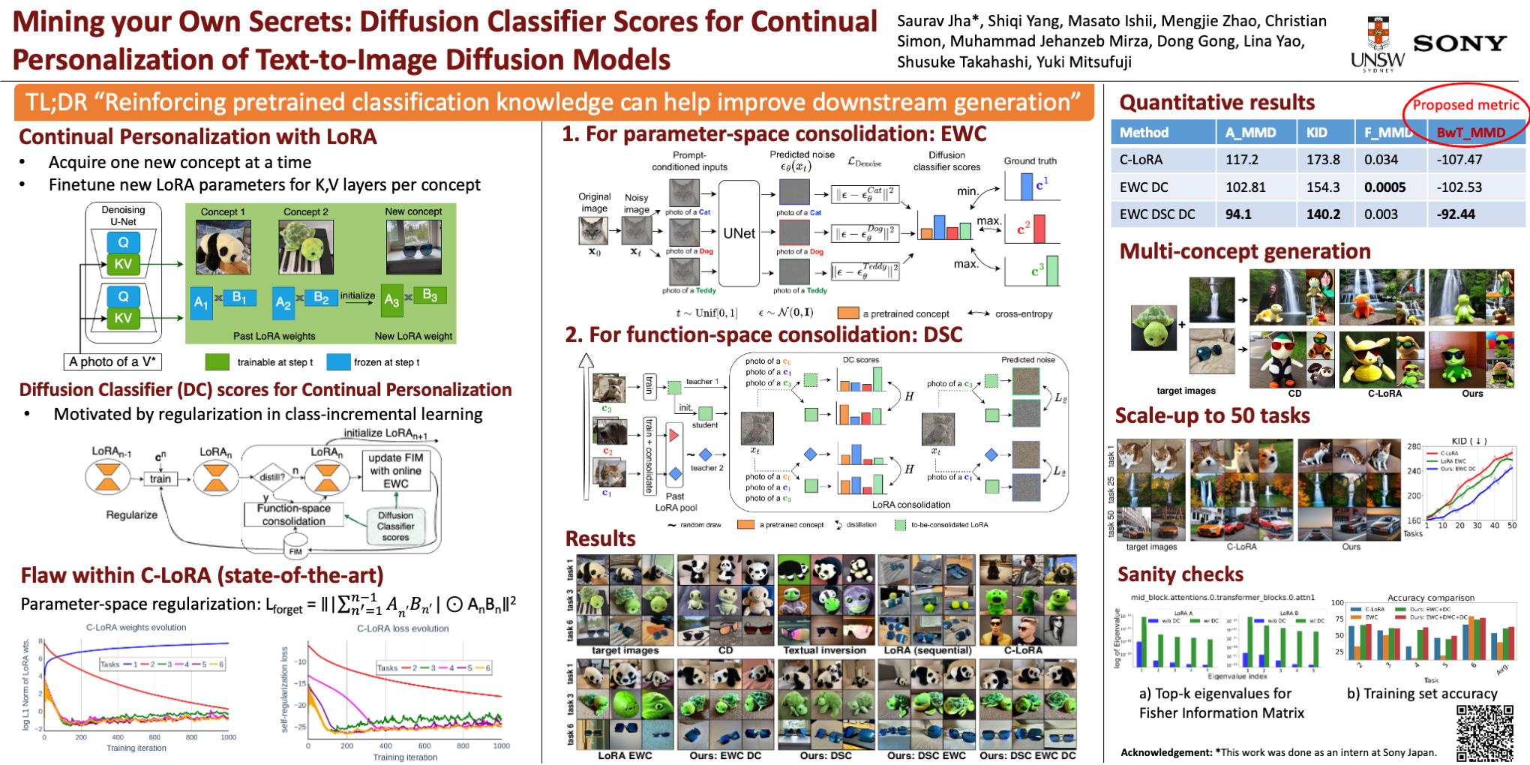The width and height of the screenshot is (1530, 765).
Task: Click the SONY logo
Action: (1459, 43)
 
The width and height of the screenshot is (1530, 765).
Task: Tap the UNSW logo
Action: (1378, 45)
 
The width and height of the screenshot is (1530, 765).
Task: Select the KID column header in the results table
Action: (1317, 133)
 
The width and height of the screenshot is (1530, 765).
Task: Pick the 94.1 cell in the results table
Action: (1238, 214)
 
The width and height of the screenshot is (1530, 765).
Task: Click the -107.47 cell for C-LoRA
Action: (1459, 160)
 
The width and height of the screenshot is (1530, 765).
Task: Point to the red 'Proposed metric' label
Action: (1465, 105)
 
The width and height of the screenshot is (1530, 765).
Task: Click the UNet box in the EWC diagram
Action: (739, 233)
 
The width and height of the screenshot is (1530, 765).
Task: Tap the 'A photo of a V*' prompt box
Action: (112, 361)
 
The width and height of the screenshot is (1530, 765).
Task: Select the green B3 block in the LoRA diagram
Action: (430, 295)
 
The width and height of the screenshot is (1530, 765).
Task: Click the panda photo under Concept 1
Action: (223, 247)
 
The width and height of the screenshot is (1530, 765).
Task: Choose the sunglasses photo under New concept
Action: (413, 247)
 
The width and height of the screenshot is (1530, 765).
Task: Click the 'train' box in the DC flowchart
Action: (160, 478)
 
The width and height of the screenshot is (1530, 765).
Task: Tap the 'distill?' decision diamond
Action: (271, 477)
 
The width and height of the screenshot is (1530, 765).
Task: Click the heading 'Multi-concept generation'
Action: (1244, 251)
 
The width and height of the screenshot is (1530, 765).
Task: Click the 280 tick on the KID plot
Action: (1413, 447)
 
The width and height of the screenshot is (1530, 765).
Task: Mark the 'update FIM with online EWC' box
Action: (395, 470)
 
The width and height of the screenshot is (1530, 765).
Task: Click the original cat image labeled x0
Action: (593, 230)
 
